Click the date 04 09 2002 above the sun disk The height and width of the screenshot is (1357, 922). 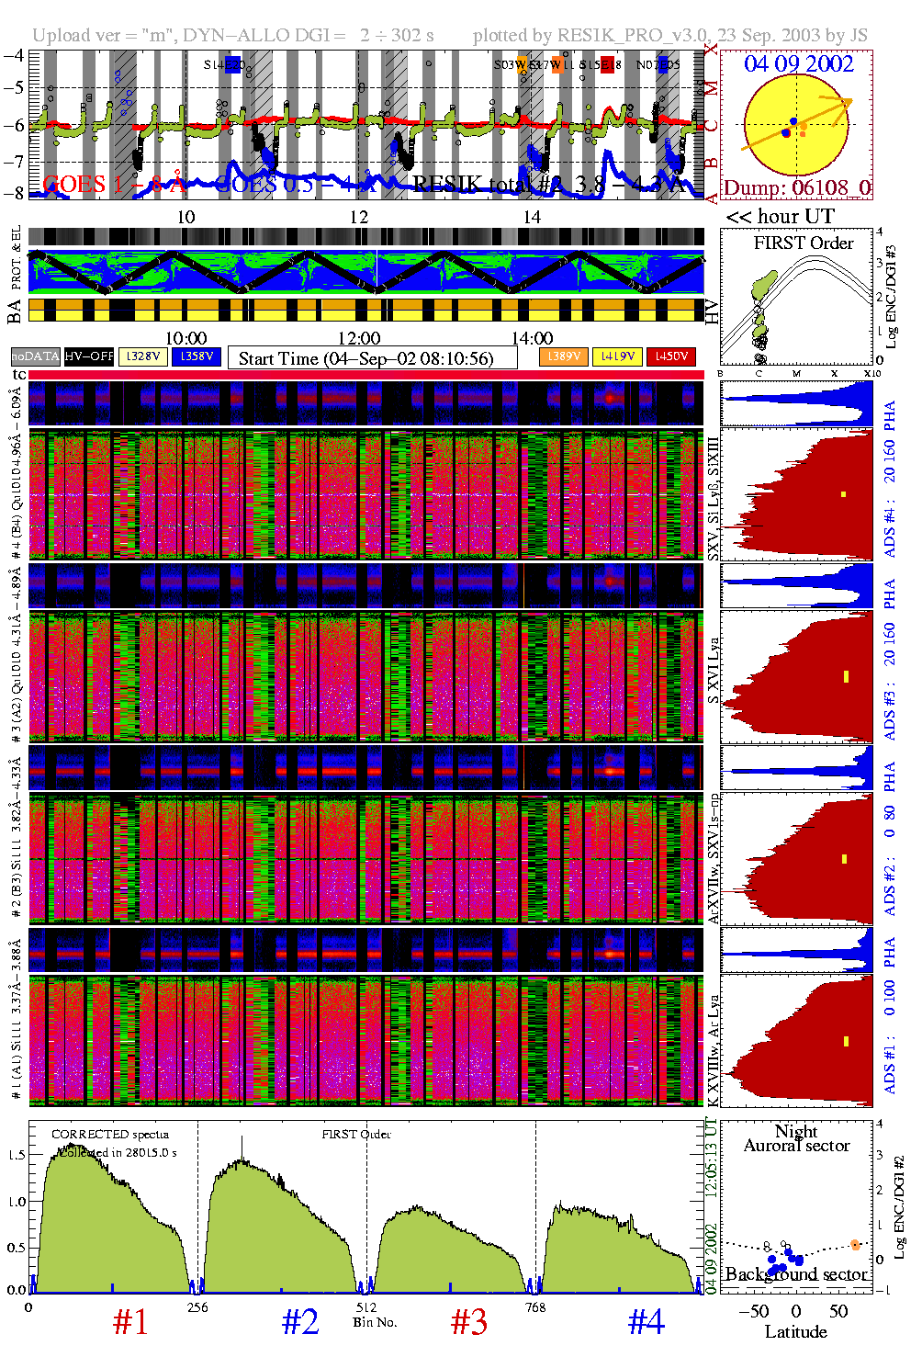tap(798, 64)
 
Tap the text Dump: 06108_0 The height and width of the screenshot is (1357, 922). tap(796, 188)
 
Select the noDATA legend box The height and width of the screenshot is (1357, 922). tap(36, 356)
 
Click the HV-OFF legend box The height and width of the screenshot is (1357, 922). tap(89, 356)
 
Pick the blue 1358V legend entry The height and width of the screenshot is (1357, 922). tap(196, 356)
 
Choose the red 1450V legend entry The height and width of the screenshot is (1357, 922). tap(671, 356)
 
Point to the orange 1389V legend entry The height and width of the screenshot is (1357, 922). tap(563, 356)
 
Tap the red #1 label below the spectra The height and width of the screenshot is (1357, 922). tap(130, 1322)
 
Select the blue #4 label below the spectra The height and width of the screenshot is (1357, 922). tap(647, 1322)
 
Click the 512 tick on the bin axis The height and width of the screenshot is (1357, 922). tap(366, 1307)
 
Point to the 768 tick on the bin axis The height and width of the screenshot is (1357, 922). tap(535, 1307)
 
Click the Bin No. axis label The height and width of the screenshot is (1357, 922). tap(375, 1322)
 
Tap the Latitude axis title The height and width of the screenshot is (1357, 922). tap(795, 1332)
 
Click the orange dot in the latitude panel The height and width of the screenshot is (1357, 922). tap(855, 1245)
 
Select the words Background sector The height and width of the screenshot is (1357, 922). tap(795, 1274)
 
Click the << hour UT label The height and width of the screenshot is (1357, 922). tap(781, 217)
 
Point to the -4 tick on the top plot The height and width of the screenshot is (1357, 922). tap(14, 54)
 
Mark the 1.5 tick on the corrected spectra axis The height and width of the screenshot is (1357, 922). tap(16, 1155)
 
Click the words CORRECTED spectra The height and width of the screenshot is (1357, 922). tap(110, 1135)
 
